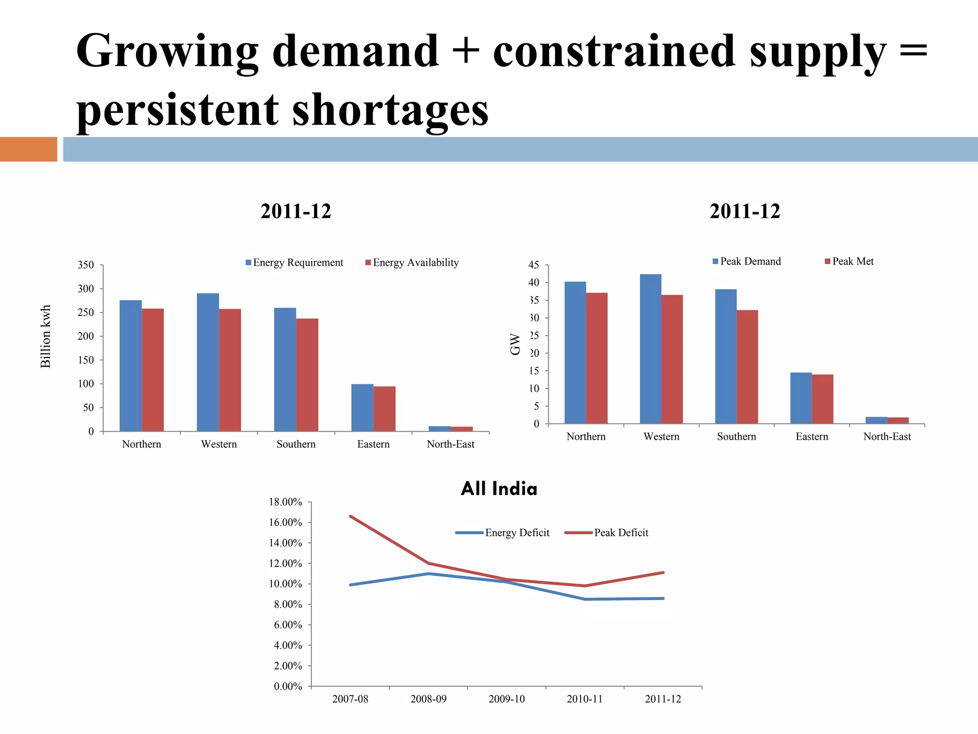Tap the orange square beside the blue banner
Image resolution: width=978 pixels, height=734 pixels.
click(28, 149)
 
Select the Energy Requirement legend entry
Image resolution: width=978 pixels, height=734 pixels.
click(294, 262)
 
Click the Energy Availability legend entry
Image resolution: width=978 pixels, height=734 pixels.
click(412, 262)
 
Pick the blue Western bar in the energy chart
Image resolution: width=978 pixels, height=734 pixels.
click(208, 362)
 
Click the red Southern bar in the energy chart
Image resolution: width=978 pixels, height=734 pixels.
click(307, 375)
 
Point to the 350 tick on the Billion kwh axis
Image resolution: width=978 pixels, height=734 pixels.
click(85, 265)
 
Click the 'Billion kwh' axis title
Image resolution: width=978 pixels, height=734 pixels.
click(45, 336)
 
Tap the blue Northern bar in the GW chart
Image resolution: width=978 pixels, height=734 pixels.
click(575, 353)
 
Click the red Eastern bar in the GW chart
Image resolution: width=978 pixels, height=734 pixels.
click(822, 399)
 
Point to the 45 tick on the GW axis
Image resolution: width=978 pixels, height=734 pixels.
click(533, 265)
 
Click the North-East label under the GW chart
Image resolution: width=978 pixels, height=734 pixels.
click(887, 437)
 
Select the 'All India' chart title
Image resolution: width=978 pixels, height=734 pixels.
click(499, 489)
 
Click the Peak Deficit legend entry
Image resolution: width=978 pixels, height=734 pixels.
click(607, 533)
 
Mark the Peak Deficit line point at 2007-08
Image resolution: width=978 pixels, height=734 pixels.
click(351, 516)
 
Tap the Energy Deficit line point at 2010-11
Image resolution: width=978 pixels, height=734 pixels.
click(585, 599)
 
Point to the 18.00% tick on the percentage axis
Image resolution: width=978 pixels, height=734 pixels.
click(286, 502)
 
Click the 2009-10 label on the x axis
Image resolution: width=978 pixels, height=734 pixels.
click(506, 699)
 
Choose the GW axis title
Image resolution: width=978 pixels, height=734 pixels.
click(515, 344)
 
